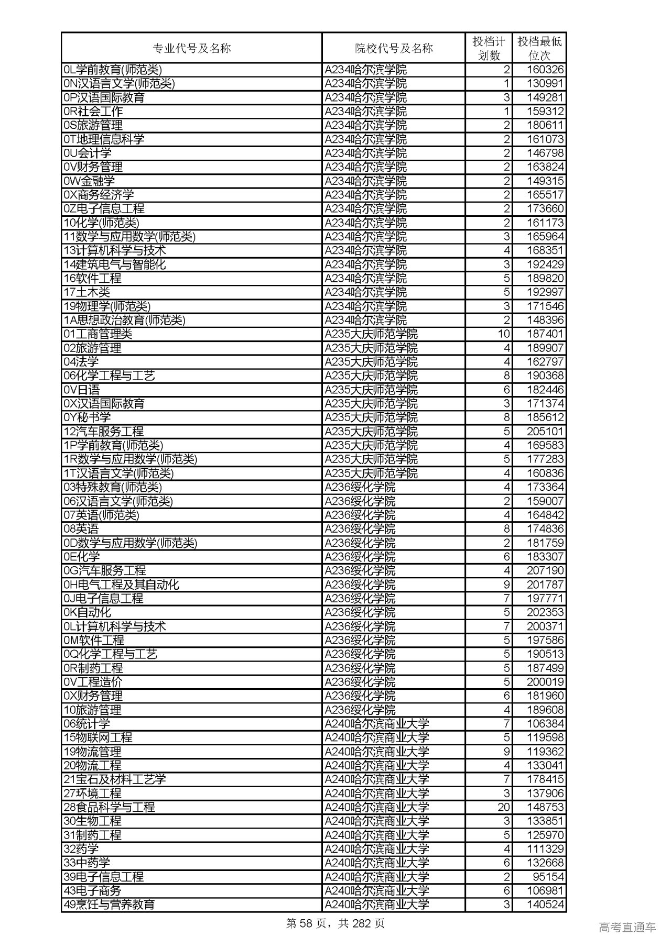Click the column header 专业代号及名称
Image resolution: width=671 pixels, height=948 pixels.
[x=191, y=49]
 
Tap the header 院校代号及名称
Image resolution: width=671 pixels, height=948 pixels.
[x=394, y=49]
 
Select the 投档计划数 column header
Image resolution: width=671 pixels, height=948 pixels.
[x=489, y=49]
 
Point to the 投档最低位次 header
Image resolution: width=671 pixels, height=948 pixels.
[x=539, y=49]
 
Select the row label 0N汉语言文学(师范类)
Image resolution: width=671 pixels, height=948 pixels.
[x=119, y=84]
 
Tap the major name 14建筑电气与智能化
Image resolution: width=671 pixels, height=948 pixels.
[x=114, y=264]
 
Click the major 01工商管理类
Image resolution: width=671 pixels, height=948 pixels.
[x=98, y=334]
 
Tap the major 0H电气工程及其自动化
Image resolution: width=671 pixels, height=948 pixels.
[x=121, y=585]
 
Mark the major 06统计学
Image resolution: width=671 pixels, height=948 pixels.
[x=86, y=724]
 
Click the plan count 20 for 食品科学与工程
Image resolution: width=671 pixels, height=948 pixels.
[x=503, y=807]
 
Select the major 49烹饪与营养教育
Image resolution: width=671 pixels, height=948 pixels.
[x=109, y=905]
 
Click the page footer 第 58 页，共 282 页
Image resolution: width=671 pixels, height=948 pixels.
[x=335, y=923]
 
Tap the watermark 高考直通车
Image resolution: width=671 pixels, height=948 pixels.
[x=627, y=928]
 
